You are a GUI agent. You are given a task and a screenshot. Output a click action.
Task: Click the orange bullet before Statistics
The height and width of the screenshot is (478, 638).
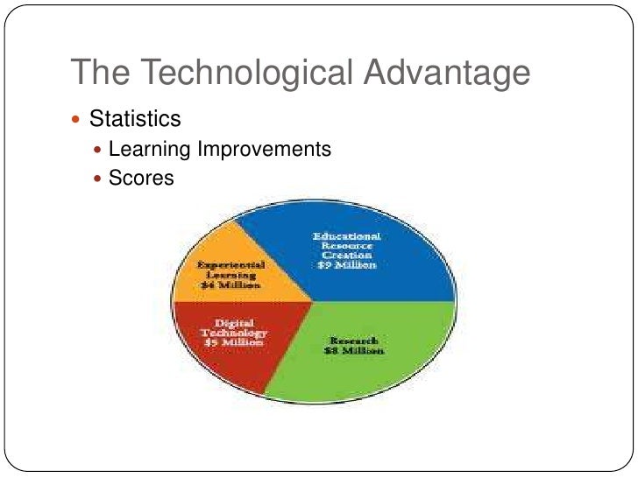click(x=80, y=119)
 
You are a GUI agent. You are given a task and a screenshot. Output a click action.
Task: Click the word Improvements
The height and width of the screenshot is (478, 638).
click(x=264, y=150)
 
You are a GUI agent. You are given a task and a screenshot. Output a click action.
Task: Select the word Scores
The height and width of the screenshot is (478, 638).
click(x=141, y=178)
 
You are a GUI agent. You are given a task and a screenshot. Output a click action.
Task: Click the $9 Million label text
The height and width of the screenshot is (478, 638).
click(x=348, y=265)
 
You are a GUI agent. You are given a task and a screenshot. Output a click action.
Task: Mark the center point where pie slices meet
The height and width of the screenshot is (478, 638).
click(x=313, y=302)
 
